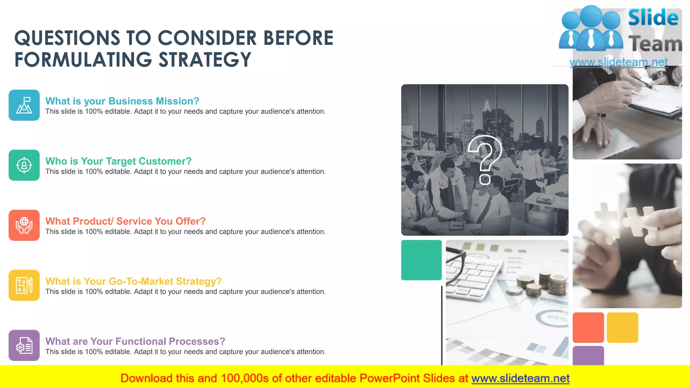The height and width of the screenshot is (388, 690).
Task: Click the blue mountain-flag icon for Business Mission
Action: (24, 105)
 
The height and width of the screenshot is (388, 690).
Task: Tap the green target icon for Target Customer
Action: (24, 165)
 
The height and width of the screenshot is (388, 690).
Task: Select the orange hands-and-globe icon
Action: (24, 225)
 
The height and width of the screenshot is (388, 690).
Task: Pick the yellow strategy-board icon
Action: (24, 285)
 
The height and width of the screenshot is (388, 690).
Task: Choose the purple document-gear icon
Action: (24, 345)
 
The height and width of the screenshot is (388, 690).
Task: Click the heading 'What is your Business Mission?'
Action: (122, 101)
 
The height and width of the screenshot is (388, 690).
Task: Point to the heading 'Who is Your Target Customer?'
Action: (118, 161)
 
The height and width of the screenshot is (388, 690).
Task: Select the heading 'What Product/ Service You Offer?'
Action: (125, 221)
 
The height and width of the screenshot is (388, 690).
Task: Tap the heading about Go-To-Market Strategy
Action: (133, 281)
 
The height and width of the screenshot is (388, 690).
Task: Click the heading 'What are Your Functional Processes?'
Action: (135, 341)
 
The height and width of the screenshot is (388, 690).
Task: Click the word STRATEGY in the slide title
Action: (205, 60)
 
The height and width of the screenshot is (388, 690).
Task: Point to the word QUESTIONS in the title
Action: (67, 38)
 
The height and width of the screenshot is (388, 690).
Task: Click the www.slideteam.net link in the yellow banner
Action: (520, 378)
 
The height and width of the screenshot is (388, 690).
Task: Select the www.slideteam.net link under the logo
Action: (619, 62)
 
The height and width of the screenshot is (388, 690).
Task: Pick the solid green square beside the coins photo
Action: (421, 260)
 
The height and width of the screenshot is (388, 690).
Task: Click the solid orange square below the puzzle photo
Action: (588, 327)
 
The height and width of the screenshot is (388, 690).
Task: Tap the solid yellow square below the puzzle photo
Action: (622, 327)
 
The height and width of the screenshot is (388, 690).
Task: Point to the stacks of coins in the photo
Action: (542, 285)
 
